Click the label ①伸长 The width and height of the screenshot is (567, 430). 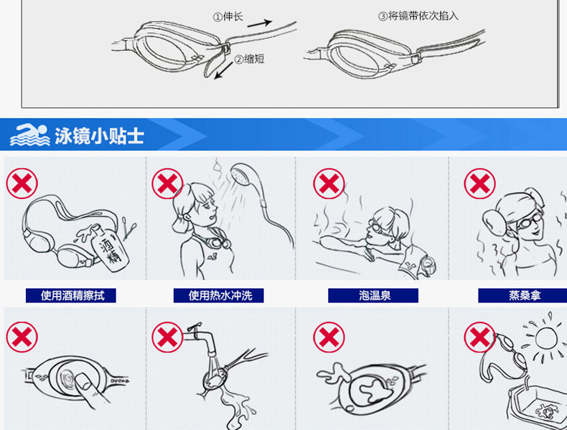[228, 16]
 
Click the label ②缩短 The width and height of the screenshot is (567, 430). [249, 59]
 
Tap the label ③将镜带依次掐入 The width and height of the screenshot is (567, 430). [418, 16]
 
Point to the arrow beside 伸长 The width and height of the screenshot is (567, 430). [260, 23]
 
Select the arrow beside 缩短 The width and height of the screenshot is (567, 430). [224, 70]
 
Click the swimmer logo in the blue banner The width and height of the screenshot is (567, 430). [29, 135]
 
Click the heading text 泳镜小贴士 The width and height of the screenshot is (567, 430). [99, 135]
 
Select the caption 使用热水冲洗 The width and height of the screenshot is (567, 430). [220, 295]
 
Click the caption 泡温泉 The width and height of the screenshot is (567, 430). [375, 295]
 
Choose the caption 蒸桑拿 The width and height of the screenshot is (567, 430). [525, 295]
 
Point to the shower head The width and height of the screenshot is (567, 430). [244, 174]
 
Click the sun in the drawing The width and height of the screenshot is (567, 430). [545, 338]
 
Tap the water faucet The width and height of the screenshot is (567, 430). [202, 339]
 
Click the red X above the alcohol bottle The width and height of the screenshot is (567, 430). [22, 183]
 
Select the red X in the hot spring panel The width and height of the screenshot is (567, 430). [329, 183]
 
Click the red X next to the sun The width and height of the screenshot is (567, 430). [480, 338]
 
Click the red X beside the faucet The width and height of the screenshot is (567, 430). [167, 338]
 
